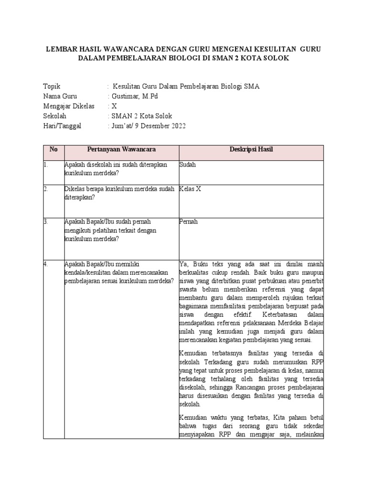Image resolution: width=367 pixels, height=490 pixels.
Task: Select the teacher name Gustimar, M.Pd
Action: point(134,96)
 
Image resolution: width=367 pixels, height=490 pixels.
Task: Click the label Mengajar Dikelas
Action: point(68,106)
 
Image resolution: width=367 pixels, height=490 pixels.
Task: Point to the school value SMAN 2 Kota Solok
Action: point(141,116)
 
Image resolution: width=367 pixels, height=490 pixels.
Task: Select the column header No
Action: point(54,150)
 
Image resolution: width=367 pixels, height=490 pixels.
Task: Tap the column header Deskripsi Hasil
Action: point(251,150)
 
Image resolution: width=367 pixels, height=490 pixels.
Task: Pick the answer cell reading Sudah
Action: point(187,165)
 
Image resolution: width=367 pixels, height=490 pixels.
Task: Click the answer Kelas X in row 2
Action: point(190,189)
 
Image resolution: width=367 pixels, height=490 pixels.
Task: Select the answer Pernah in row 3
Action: point(188,222)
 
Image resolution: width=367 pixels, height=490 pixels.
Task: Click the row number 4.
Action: point(45,264)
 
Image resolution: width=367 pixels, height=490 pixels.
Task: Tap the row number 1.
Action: point(45,165)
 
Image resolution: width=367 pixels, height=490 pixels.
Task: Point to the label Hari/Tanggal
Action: point(62,126)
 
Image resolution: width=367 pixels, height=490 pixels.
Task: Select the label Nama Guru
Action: point(60,96)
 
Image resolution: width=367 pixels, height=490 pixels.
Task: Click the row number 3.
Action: point(45,222)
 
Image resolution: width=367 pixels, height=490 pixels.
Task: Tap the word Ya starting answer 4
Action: point(183,264)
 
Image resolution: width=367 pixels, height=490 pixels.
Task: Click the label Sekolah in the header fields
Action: point(55,116)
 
